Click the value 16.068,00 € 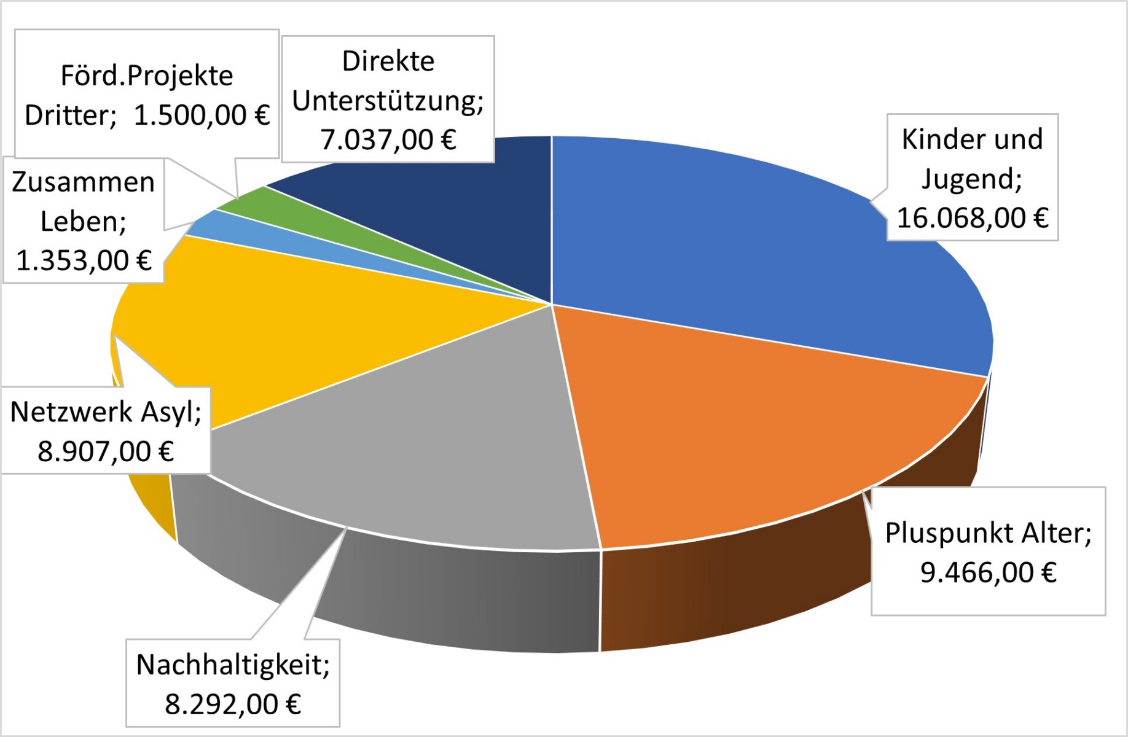click(972, 218)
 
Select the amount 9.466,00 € click(988, 572)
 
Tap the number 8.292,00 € click(232, 704)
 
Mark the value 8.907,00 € click(106, 451)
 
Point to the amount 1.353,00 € click(84, 260)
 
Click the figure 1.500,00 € click(202, 115)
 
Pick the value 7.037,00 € click(388, 139)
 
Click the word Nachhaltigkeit click(232, 665)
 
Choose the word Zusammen click(83, 182)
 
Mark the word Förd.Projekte click(147, 76)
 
